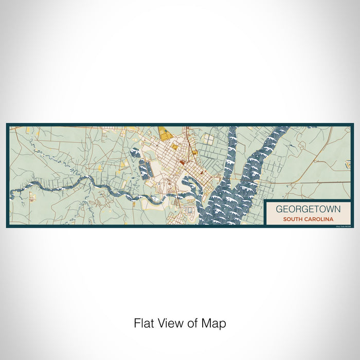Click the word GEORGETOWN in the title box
[x=304, y=209]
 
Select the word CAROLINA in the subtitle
[x=314, y=219]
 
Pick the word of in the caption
[x=191, y=323]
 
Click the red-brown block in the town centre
[x=182, y=163]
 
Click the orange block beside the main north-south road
[x=194, y=153]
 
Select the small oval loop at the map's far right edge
[x=348, y=164]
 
